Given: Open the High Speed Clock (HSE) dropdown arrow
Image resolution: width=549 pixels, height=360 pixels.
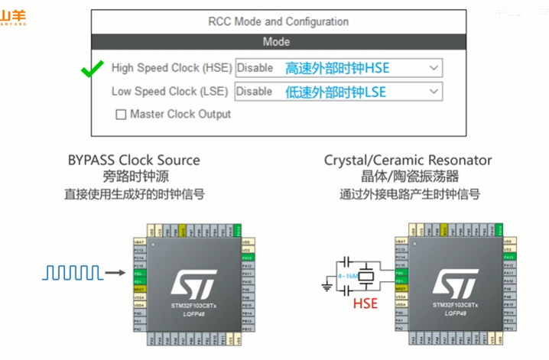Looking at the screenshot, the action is click(434, 68).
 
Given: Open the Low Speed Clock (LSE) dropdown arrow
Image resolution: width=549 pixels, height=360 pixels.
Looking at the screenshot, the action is click(434, 92).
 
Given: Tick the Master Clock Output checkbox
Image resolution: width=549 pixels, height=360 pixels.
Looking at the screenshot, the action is click(121, 115).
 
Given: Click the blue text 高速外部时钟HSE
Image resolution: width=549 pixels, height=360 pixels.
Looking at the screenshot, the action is click(337, 68).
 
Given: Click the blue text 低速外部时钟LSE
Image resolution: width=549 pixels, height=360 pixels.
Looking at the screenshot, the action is click(336, 92).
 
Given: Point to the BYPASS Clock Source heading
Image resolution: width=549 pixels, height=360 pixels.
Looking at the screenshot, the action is click(134, 161).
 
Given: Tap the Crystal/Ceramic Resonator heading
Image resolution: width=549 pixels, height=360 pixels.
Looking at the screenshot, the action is click(408, 161).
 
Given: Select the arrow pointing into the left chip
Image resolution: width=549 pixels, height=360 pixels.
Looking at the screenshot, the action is click(114, 271).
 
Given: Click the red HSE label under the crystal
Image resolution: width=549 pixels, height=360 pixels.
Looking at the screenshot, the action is click(366, 305).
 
